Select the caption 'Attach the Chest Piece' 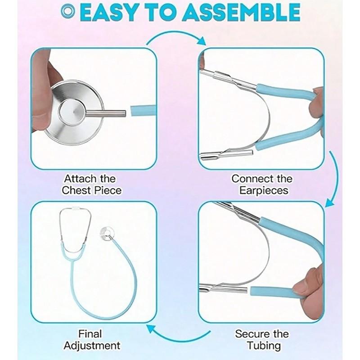click(x=92, y=184)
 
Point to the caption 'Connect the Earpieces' click(x=262, y=184)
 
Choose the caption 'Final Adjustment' click(x=92, y=340)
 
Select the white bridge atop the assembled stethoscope click(x=76, y=210)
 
